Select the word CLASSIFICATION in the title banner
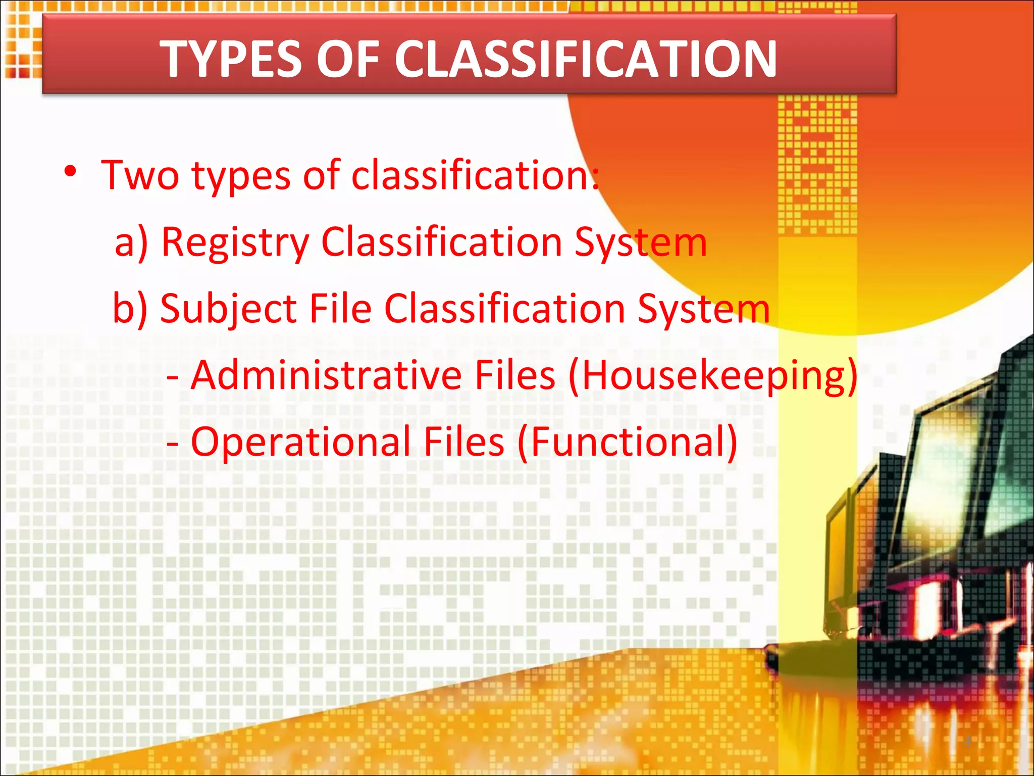[585, 60]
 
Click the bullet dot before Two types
[70, 172]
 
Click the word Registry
[235, 243]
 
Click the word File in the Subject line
[340, 309]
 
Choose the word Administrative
[326, 375]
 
